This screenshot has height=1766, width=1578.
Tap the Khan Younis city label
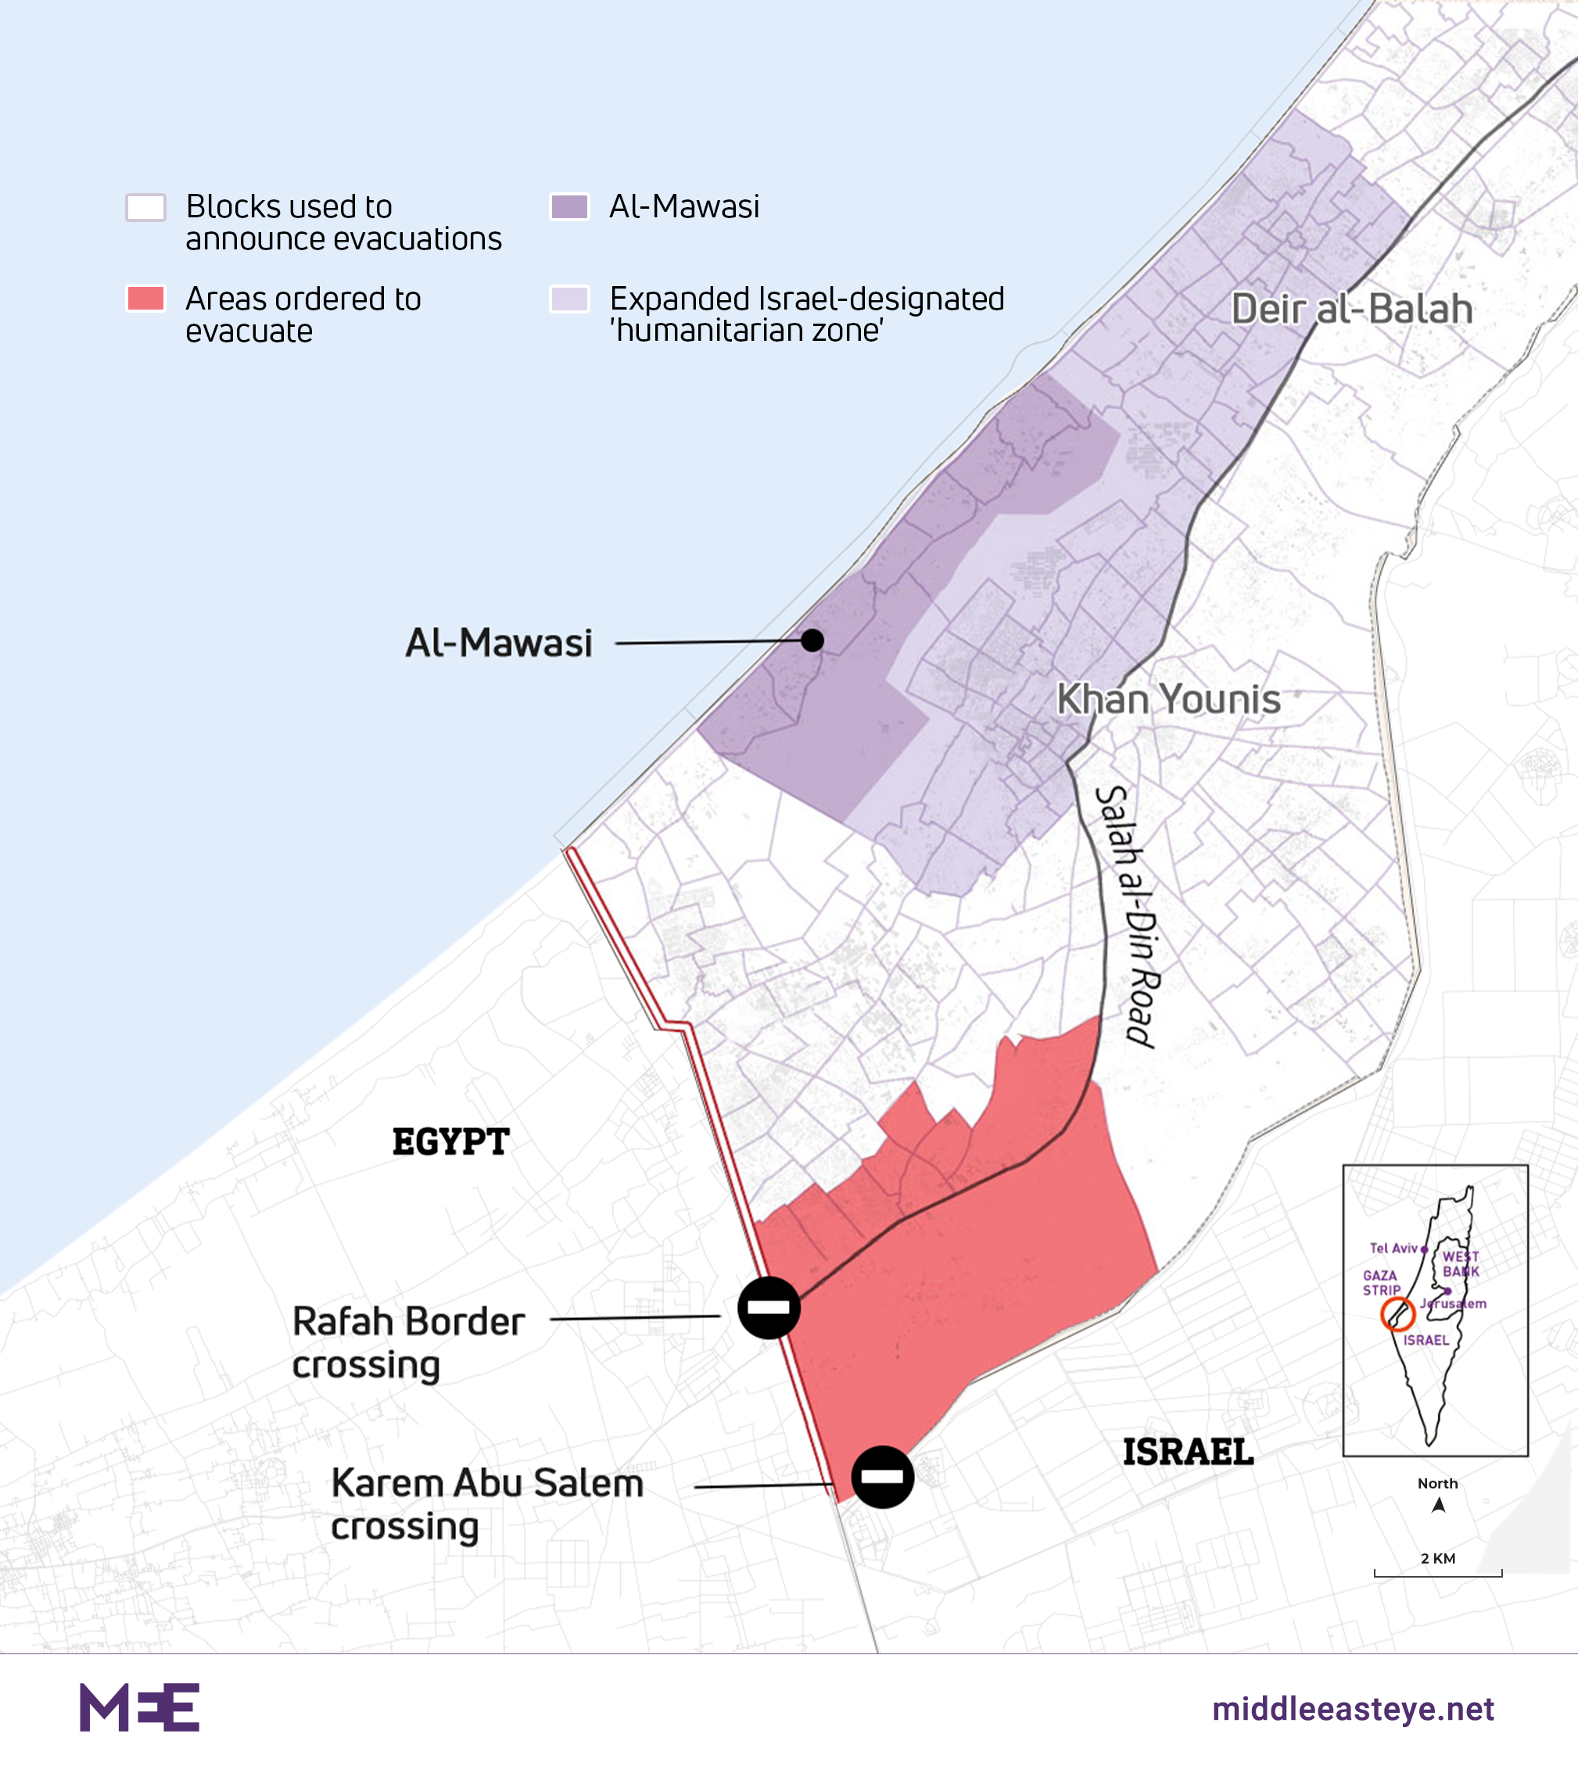pos(1168,699)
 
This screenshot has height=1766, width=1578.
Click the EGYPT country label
pos(451,1142)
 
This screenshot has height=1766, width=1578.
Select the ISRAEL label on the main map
pos(1188,1453)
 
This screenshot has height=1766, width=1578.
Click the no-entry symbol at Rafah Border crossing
pos(769,1307)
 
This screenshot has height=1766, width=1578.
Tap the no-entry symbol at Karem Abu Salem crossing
pos(883,1477)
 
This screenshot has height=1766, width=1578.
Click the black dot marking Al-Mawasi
pos(812,641)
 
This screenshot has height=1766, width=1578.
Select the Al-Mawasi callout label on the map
pos(499,643)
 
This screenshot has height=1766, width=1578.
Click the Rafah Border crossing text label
pos(408,1342)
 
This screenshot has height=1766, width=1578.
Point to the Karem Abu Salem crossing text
pos(486,1503)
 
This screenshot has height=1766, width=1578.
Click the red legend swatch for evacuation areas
pos(145,298)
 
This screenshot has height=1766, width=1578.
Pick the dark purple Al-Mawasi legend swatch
pos(569,207)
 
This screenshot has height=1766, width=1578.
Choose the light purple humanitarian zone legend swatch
pos(569,298)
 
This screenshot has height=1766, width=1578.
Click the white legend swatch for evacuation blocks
pos(145,207)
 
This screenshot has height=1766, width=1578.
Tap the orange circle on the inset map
pos(1397,1314)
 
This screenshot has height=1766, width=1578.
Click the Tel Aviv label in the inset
pos(1393,1248)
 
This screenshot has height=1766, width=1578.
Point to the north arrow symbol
pos(1438,1505)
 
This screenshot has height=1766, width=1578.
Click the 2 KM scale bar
pos(1437,1572)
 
